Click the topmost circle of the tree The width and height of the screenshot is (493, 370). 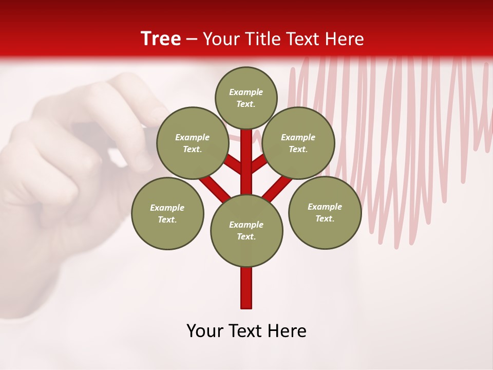click(x=246, y=98)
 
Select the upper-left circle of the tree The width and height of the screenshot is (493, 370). click(x=192, y=143)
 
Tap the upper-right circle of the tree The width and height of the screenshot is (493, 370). click(x=298, y=143)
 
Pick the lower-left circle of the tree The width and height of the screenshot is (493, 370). click(x=167, y=213)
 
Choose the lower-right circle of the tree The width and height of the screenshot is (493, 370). click(x=325, y=212)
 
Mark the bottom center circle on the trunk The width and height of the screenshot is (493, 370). click(x=246, y=231)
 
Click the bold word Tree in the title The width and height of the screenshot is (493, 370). click(x=161, y=39)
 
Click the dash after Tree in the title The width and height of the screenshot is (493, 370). click(x=192, y=40)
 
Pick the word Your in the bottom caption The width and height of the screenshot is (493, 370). click(x=205, y=331)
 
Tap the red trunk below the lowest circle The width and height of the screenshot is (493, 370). click(x=246, y=288)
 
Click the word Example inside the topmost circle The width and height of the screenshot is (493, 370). click(x=246, y=92)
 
